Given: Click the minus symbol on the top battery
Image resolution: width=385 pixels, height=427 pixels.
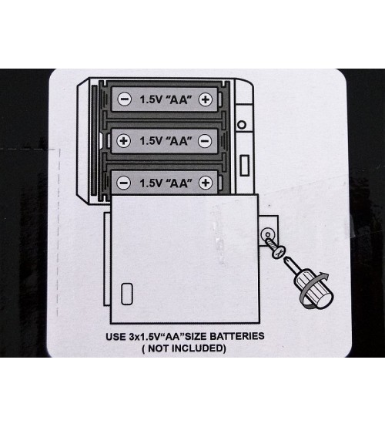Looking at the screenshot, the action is point(124,99).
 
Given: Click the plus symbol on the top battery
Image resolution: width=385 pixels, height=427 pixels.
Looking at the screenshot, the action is point(206,99).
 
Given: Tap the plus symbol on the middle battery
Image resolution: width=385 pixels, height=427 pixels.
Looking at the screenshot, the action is point(123,141).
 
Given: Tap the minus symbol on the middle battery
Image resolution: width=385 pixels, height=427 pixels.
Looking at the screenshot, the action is point(205,141).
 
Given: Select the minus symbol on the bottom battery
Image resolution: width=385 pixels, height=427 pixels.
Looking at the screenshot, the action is point(123,183).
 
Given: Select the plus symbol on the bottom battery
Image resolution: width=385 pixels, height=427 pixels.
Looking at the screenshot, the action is point(206,183).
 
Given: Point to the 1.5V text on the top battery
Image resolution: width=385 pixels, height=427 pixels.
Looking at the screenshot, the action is point(151,99).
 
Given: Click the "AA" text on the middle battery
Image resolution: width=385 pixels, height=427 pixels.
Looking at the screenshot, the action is point(179,141).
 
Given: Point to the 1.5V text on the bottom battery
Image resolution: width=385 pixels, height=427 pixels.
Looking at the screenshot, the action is point(151,183).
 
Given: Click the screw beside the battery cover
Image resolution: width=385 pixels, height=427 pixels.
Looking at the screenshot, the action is point(275,248).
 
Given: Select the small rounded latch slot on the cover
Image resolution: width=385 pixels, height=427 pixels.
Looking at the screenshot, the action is point(127,294).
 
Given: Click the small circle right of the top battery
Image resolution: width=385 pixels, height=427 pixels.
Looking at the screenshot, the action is point(242,125).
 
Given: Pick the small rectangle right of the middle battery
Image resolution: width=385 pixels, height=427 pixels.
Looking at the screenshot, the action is point(245,165).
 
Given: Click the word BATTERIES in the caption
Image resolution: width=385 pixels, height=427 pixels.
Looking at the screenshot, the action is point(237,336).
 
